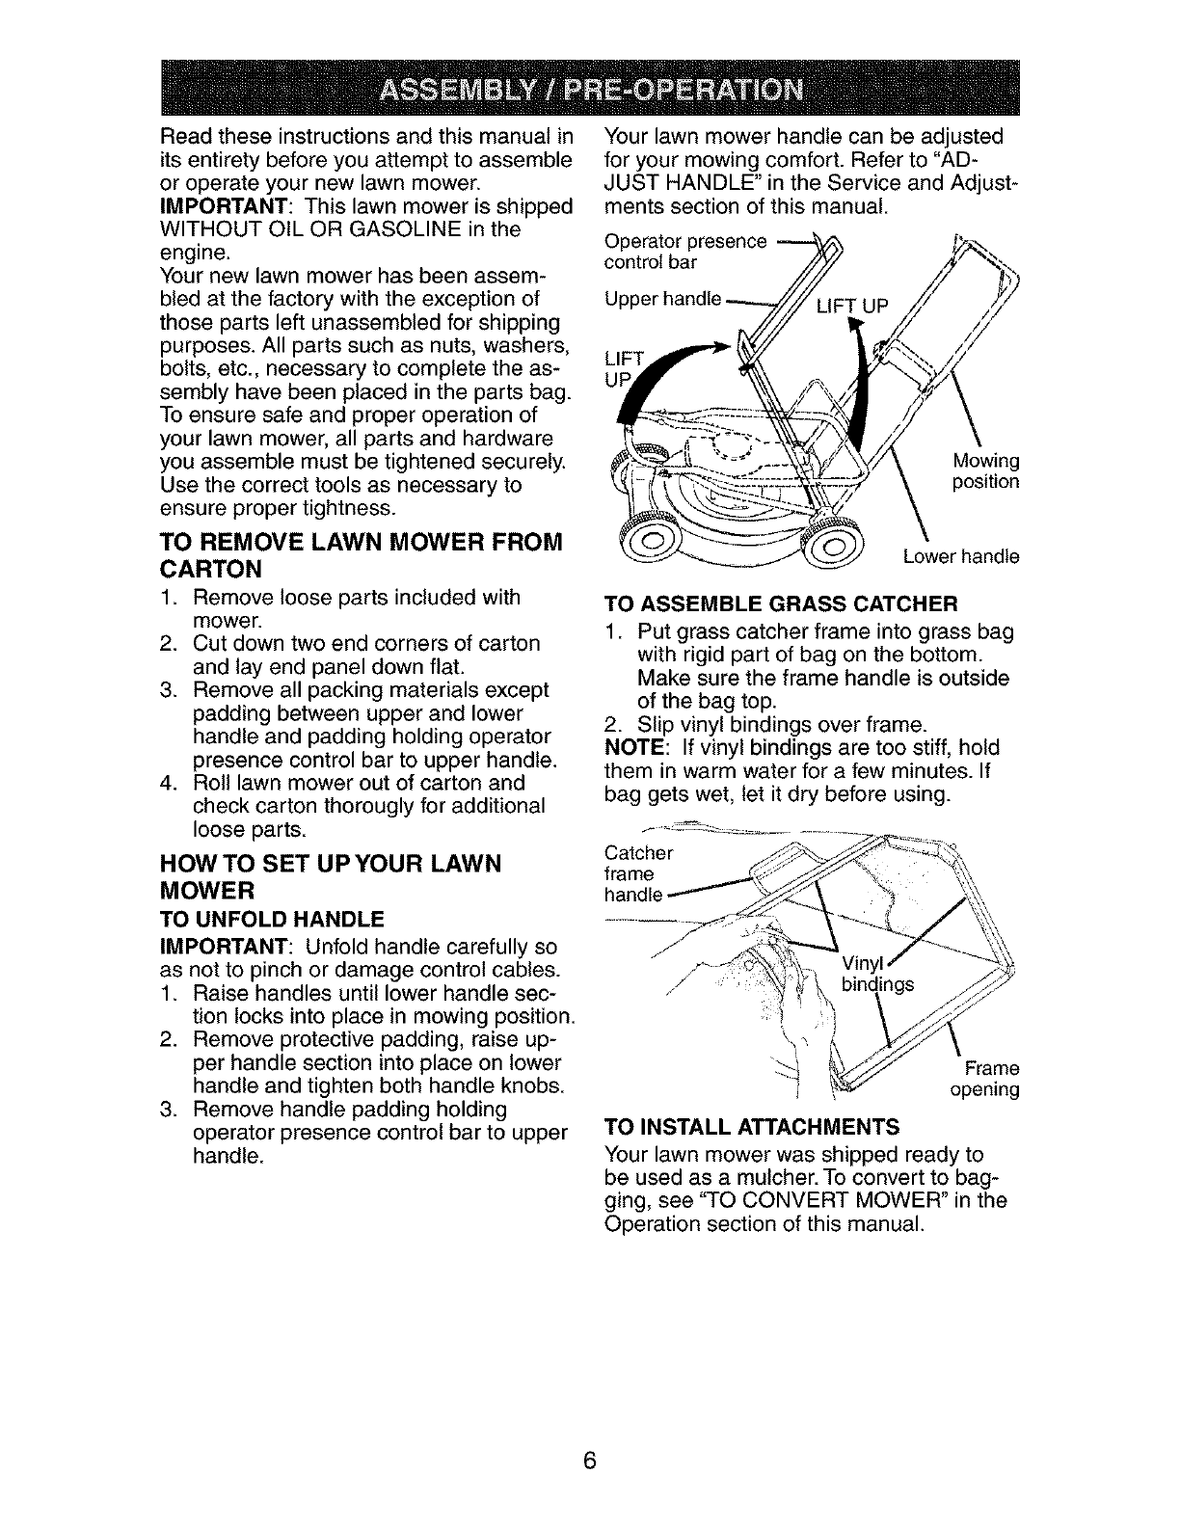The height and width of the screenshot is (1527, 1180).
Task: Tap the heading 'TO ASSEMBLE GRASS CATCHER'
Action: (x=780, y=604)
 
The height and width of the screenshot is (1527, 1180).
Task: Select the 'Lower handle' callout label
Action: (x=960, y=556)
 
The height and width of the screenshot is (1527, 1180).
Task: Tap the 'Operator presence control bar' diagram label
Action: (x=685, y=251)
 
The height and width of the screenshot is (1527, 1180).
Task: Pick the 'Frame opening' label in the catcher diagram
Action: (x=984, y=1079)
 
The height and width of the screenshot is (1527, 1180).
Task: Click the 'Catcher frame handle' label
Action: (x=637, y=873)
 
